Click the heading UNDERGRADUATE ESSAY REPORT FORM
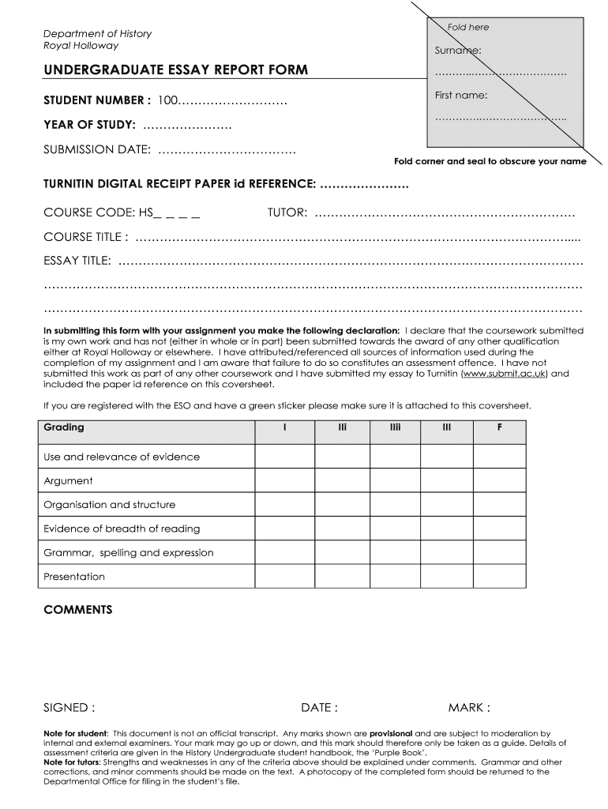[x=175, y=70]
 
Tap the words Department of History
[x=97, y=33]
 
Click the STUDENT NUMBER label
[x=97, y=101]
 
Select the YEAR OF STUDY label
[x=90, y=125]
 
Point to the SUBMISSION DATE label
[x=97, y=149]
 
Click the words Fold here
[x=468, y=27]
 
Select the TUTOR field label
[x=287, y=213]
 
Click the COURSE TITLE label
[x=86, y=237]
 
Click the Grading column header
[x=64, y=427]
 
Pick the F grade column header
[x=498, y=427]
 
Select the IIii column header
[x=394, y=427]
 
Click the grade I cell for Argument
[x=284, y=480]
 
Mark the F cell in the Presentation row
[x=498, y=577]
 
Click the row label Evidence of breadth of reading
[x=122, y=529]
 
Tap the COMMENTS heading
[x=78, y=610]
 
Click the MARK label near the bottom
[x=469, y=707]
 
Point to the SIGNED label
[x=69, y=707]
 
